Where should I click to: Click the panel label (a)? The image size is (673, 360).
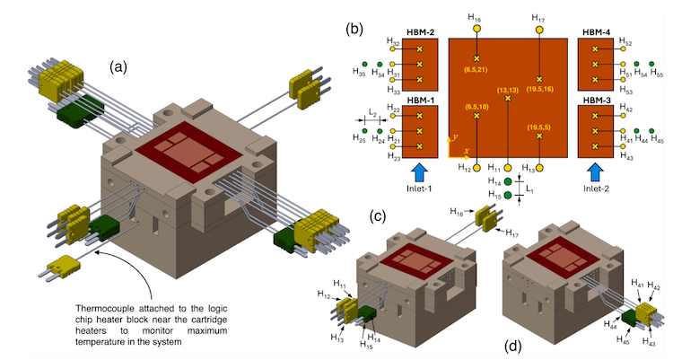122,66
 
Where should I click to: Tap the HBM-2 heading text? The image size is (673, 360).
420,32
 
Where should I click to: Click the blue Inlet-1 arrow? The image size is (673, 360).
419,171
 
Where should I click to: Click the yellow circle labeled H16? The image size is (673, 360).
476,28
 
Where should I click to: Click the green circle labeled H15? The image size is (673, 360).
508,194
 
